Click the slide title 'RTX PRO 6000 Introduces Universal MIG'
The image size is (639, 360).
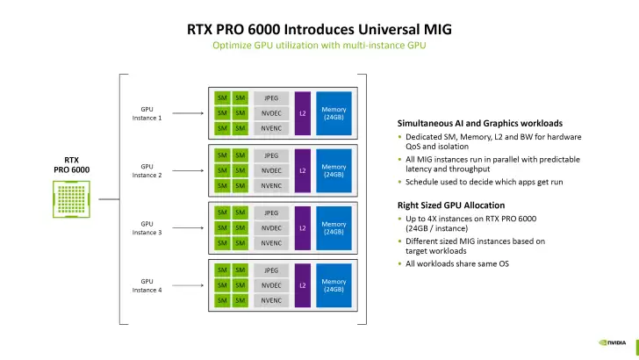pyautogui.click(x=319, y=27)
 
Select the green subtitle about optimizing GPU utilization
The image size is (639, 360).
pyautogui.click(x=319, y=45)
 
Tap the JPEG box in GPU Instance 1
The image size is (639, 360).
pyautogui.click(x=271, y=97)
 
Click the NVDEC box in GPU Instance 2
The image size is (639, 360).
pyautogui.click(x=271, y=170)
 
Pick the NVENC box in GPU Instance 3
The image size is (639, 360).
pyautogui.click(x=271, y=243)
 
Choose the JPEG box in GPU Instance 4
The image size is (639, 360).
pyautogui.click(x=271, y=270)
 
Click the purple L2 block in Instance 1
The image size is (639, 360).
pyautogui.click(x=303, y=113)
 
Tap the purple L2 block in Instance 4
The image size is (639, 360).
pyautogui.click(x=303, y=285)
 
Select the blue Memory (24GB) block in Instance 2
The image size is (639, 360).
pyautogui.click(x=334, y=170)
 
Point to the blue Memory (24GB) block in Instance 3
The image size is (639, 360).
pyautogui.click(x=334, y=227)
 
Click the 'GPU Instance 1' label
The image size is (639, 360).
pyautogui.click(x=147, y=113)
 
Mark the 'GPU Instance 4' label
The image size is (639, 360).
pyautogui.click(x=147, y=285)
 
